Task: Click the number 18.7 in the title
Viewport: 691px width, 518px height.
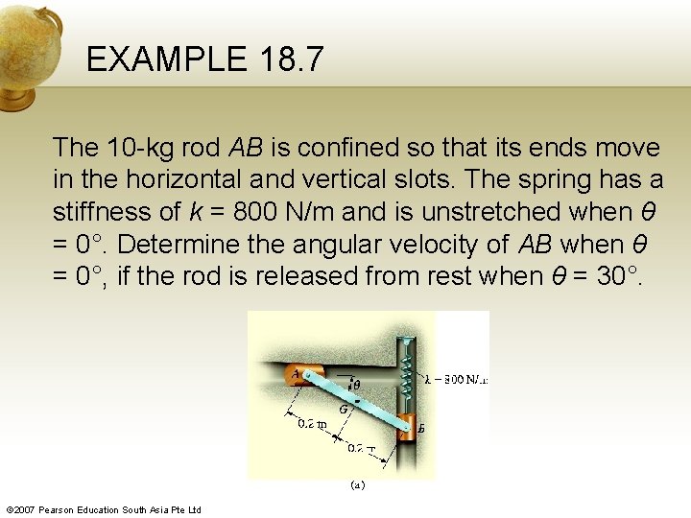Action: coord(291,60)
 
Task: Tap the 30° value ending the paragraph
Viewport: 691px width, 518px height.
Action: coord(619,276)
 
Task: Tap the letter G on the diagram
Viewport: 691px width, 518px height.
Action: coord(344,407)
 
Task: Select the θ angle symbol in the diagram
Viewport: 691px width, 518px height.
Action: coord(356,387)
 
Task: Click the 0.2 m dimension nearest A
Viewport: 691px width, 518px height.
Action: coord(311,423)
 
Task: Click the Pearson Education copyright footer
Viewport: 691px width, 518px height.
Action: coord(104,509)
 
